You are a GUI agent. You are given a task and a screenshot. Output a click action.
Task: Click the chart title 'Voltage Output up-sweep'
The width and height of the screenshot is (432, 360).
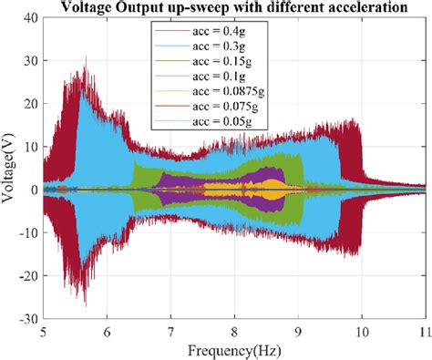pyautogui.click(x=233, y=9)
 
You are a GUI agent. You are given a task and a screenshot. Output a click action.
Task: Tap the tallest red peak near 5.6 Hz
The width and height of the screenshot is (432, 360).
pyautogui.click(x=86, y=60)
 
